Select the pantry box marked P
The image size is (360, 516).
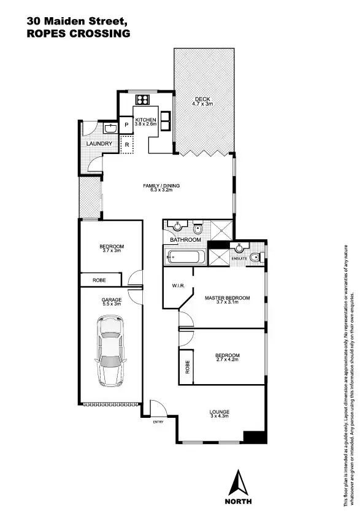click(x=126, y=125)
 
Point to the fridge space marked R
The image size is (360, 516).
click(x=126, y=145)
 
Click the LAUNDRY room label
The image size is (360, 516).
click(x=99, y=144)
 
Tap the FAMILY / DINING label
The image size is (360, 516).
click(x=161, y=186)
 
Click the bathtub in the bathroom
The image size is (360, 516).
click(x=181, y=258)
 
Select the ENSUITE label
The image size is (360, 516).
click(x=240, y=258)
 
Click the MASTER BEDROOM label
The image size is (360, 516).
click(x=227, y=298)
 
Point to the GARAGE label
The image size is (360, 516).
click(x=112, y=300)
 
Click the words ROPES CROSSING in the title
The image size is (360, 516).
click(x=79, y=34)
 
